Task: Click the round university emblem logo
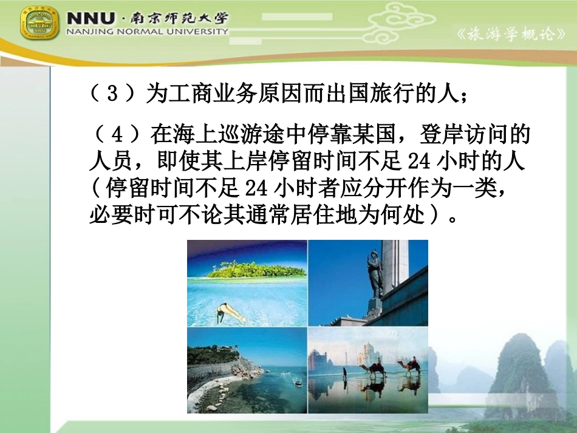40,22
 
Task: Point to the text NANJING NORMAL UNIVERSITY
148,32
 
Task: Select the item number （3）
111,95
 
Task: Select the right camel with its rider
409,366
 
